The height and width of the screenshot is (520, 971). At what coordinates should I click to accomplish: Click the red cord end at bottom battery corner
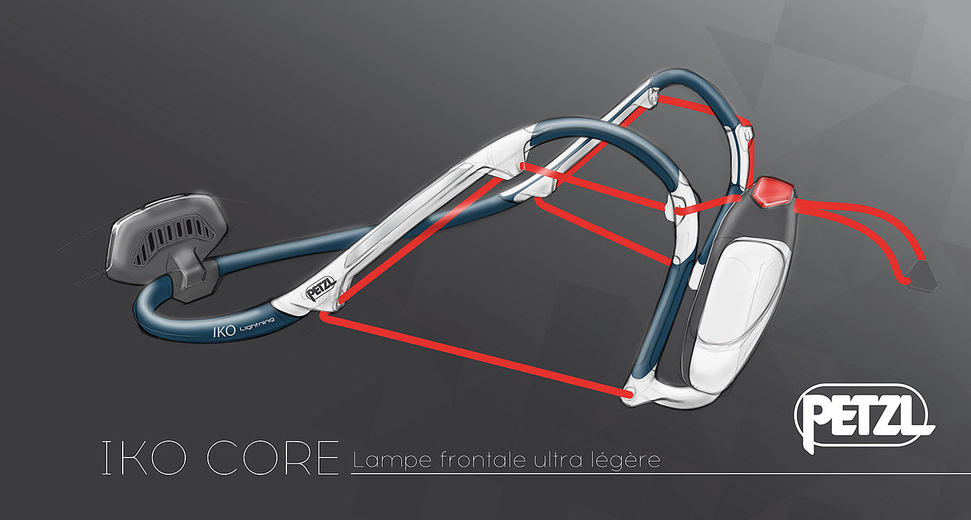tap(628, 395)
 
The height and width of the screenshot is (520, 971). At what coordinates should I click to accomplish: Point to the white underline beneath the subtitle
tap(659, 474)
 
